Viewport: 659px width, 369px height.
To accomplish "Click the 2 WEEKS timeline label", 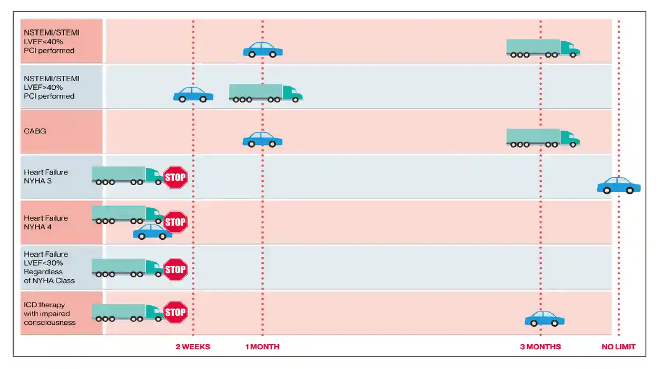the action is [193, 347].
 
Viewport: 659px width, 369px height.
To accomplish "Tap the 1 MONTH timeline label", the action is [263, 347].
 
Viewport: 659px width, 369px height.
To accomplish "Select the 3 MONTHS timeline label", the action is [540, 347].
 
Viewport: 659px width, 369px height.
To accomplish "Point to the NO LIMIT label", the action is [618, 347].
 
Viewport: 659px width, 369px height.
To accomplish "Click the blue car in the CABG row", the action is [263, 140].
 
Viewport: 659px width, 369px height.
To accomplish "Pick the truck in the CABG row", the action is [543, 138].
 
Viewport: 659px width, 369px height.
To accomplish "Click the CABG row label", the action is [35, 131].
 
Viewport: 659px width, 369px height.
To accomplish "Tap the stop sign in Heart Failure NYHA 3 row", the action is [176, 177].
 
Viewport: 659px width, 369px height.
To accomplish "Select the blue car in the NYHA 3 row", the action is [619, 186].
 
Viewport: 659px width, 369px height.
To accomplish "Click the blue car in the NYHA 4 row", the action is [152, 232].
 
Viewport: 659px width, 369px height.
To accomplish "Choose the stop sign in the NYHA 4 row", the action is [176, 222].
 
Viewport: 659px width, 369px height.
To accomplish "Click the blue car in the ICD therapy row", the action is [545, 319].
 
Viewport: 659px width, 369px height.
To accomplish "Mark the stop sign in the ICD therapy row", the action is [176, 312].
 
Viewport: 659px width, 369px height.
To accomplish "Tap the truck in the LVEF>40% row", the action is [266, 93].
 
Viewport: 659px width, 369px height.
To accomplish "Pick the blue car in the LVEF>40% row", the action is [193, 95].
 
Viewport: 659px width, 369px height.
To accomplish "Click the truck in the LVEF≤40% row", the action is [543, 48].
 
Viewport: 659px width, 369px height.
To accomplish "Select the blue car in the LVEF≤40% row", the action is [263, 50].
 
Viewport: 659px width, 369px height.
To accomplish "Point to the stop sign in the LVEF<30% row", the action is [176, 269].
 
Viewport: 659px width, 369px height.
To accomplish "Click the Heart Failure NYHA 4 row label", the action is [46, 222].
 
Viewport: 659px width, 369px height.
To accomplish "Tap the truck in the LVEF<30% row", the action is [127, 268].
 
